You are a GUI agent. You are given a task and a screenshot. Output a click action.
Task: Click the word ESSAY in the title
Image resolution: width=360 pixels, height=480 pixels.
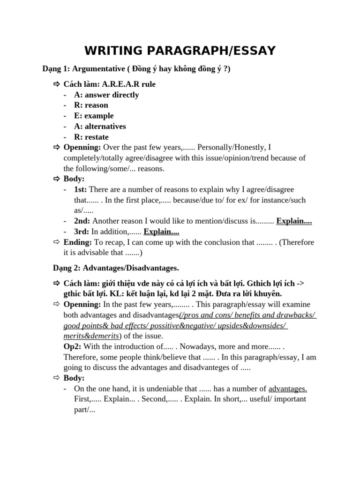tap(251, 51)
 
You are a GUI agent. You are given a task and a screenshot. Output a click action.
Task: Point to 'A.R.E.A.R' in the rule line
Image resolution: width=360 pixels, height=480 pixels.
tap(122, 84)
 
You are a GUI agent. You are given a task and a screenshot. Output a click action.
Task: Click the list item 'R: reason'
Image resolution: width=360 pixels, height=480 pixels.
tap(91, 105)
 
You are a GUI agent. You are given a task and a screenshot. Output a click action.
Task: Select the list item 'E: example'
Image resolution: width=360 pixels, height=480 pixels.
tap(94, 116)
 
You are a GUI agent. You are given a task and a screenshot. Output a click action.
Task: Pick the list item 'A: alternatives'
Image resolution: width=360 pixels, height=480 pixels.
tap(100, 126)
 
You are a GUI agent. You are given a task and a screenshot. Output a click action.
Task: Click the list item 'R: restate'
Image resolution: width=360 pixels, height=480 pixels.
tap(91, 137)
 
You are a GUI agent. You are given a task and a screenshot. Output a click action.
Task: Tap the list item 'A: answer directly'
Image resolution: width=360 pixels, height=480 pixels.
tap(106, 95)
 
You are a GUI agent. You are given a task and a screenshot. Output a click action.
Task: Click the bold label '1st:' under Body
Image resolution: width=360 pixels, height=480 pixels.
tap(80, 189)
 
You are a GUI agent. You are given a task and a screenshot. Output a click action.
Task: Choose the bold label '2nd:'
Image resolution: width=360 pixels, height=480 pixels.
tap(82, 221)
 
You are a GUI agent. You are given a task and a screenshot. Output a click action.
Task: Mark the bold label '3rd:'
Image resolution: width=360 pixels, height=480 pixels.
tap(82, 232)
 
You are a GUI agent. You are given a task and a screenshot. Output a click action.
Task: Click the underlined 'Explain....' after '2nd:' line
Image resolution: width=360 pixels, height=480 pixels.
tap(294, 221)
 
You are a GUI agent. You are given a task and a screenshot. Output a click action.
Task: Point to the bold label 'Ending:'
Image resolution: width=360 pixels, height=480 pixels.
tap(78, 242)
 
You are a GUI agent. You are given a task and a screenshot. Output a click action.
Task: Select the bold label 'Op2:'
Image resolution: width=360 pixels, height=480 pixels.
tap(73, 346)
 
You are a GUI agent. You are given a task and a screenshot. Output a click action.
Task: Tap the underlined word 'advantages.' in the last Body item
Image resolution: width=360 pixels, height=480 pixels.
tap(288, 389)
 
